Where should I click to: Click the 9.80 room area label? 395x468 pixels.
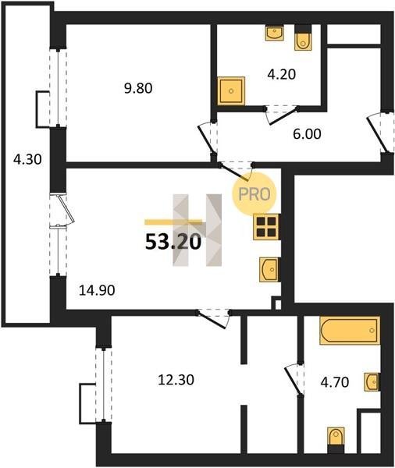(x=138, y=88)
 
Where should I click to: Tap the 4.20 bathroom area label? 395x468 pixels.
(x=282, y=74)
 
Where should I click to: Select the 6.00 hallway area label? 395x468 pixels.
(x=307, y=134)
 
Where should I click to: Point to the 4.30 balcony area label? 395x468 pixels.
(x=27, y=160)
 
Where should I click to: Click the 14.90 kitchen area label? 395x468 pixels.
(x=97, y=290)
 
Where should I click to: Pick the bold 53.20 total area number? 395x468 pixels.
(x=173, y=242)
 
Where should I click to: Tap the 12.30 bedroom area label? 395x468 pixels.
(x=176, y=380)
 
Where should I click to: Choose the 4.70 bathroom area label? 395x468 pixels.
(x=335, y=382)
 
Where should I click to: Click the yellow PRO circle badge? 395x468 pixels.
(x=254, y=194)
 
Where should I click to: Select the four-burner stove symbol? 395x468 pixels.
(x=266, y=227)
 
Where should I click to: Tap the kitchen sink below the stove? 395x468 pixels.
(x=269, y=270)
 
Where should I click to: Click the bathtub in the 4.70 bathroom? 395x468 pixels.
(x=350, y=331)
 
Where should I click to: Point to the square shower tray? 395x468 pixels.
(x=231, y=91)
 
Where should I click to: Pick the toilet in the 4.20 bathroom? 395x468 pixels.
(x=303, y=37)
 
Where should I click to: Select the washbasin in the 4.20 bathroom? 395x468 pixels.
(x=274, y=33)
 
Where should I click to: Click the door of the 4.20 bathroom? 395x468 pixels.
(x=282, y=115)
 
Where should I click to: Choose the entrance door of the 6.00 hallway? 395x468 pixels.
(x=379, y=133)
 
